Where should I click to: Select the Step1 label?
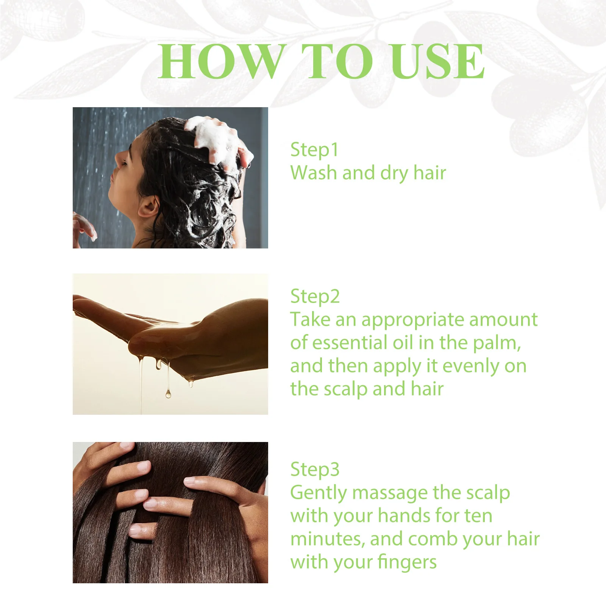coord(314,150)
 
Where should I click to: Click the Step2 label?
coord(315,297)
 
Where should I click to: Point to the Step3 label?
coord(315,470)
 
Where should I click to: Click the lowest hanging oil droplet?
coord(168,394)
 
